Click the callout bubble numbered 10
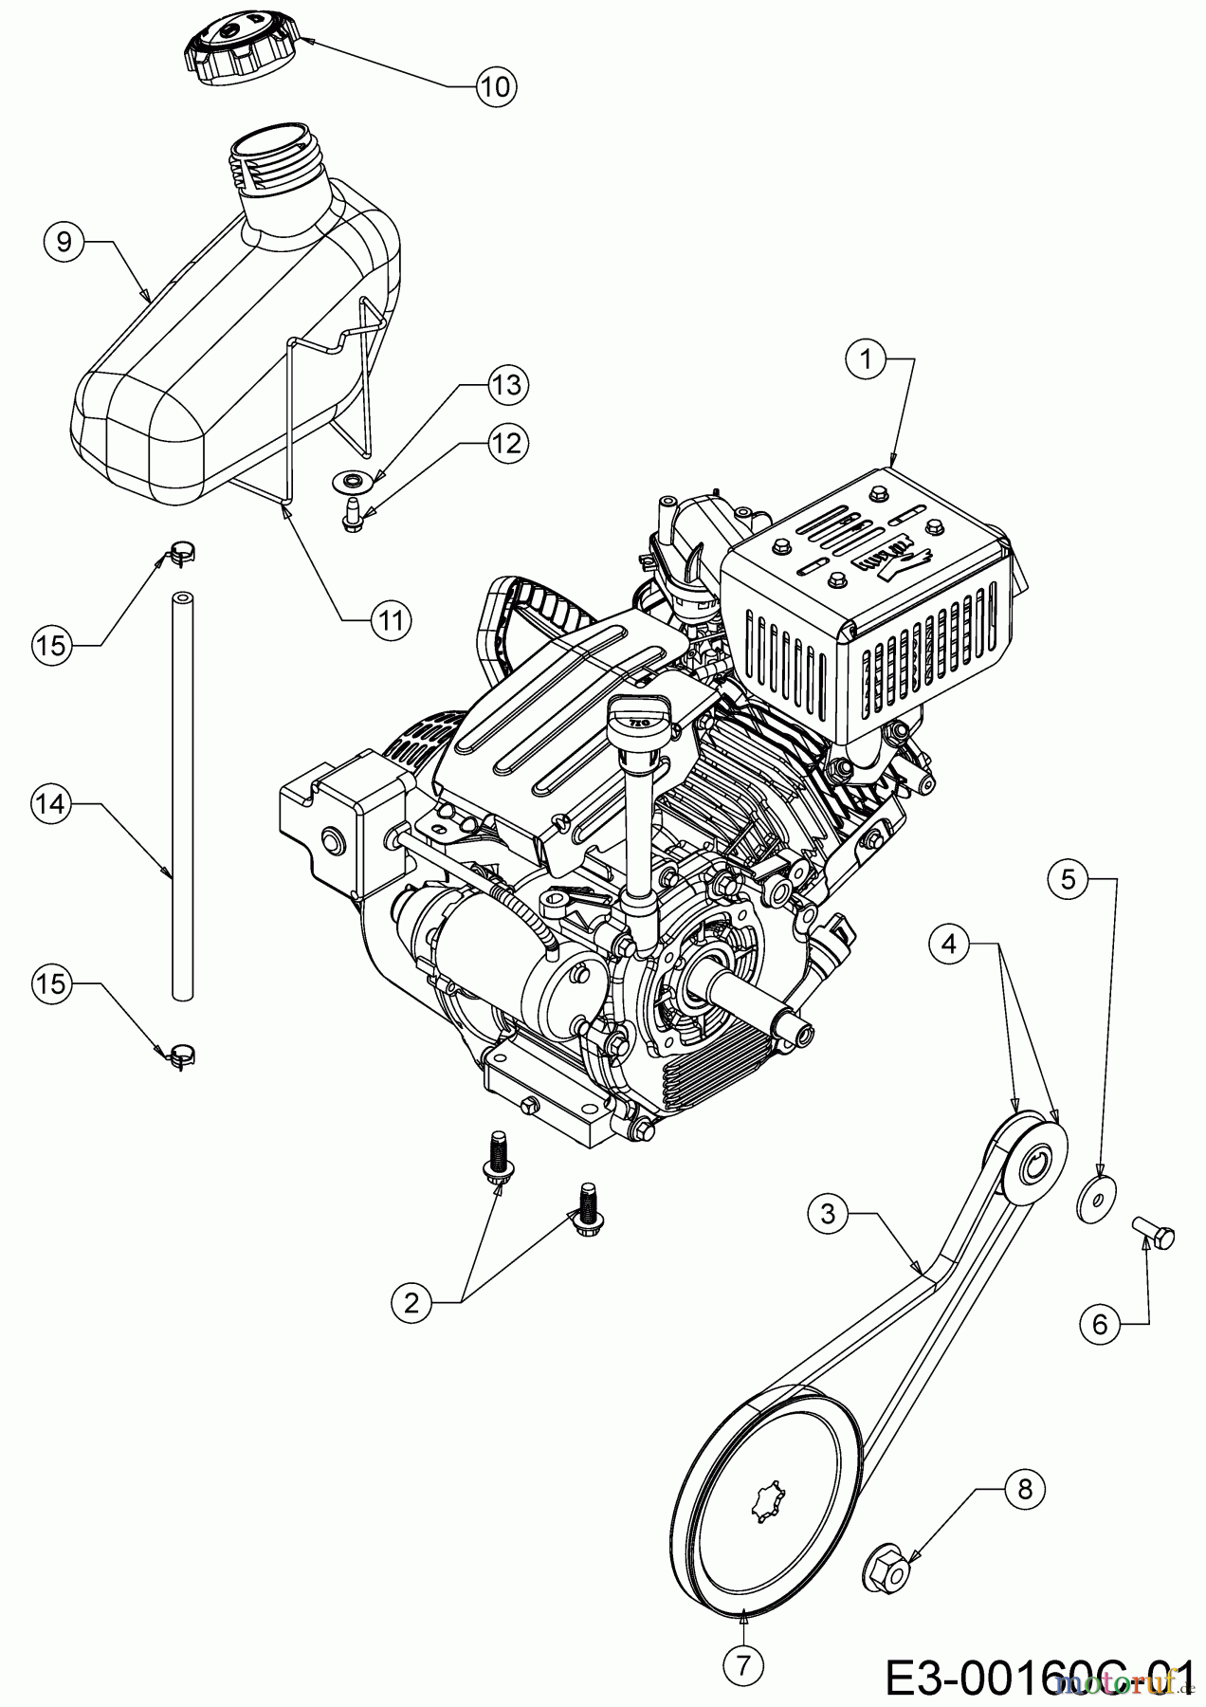(493, 86)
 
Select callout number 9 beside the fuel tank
(64, 242)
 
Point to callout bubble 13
(507, 386)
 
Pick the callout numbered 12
(507, 442)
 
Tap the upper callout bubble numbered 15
(52, 645)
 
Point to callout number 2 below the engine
(411, 1302)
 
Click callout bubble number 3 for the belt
(828, 1214)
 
